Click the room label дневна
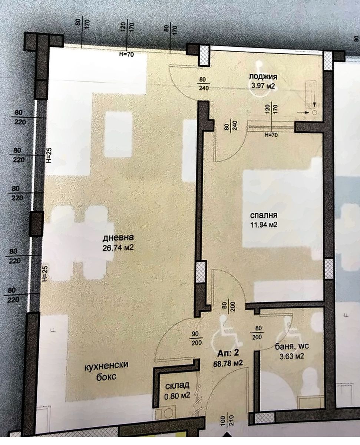[118, 238]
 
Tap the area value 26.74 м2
[118, 248]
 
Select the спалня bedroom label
[264, 215]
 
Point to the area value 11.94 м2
[264, 225]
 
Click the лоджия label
[263, 77]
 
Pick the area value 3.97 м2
[263, 86]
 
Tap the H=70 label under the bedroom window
[271, 135]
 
